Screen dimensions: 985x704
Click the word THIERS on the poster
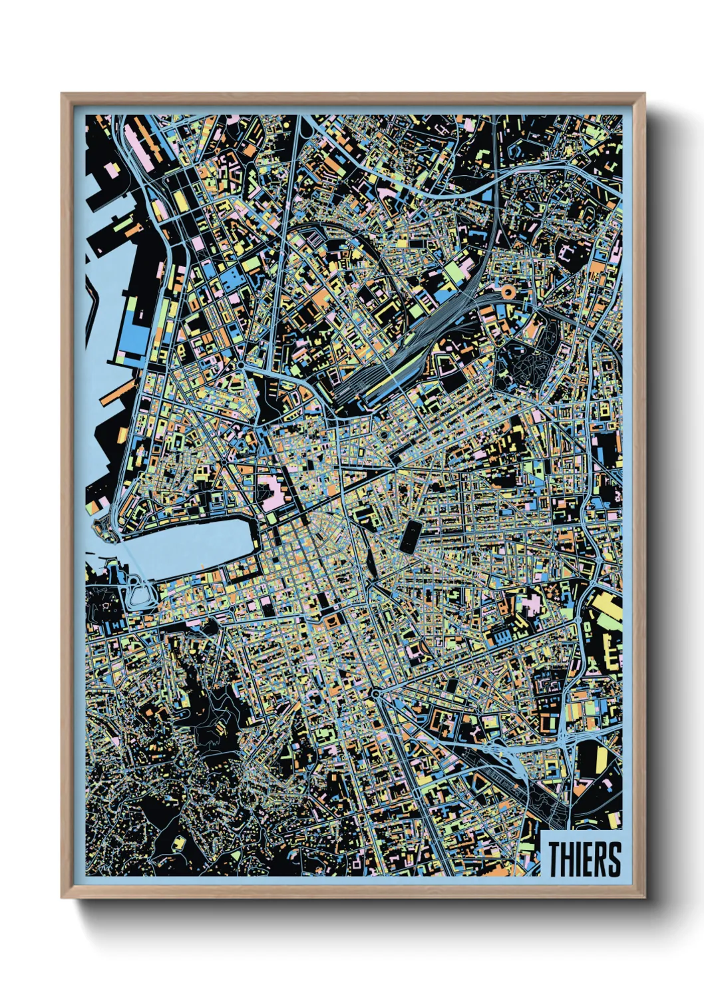584,859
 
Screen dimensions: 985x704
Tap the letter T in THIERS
555,859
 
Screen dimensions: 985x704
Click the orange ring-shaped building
508,291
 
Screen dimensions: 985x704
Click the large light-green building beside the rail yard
454,272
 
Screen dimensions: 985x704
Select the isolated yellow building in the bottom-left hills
178,843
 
